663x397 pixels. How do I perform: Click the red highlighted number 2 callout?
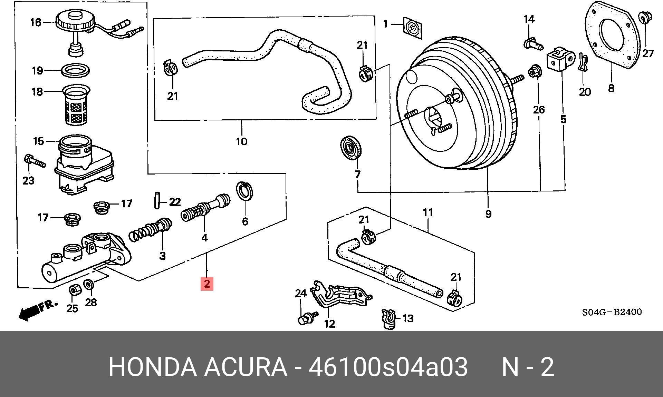click(207, 284)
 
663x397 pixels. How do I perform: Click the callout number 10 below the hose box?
click(241, 141)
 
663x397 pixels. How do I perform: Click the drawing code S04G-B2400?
click(612, 312)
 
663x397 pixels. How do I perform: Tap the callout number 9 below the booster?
click(488, 214)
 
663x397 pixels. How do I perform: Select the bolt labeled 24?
click(306, 318)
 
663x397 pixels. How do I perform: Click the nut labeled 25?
click(74, 290)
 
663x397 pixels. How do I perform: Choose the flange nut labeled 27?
click(644, 17)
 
